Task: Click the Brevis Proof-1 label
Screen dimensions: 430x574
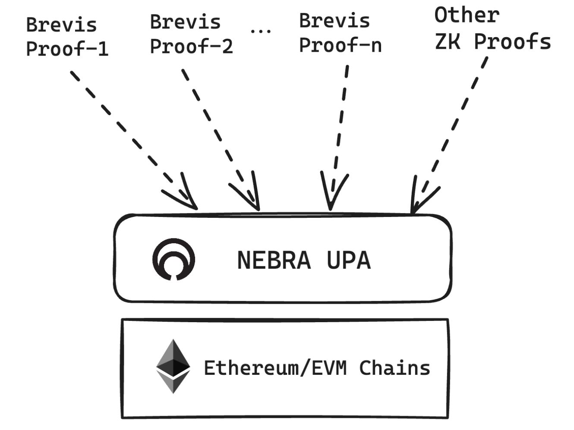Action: [66, 37]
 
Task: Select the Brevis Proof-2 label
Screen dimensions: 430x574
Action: [191, 34]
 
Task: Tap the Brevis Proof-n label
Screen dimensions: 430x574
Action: [340, 33]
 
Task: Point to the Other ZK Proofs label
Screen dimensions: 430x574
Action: [492, 28]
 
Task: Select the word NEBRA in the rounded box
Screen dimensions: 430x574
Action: [274, 261]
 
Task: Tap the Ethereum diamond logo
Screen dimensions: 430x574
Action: [173, 366]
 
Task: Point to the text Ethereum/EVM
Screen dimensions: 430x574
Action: [275, 368]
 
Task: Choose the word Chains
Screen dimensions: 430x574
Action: [394, 368]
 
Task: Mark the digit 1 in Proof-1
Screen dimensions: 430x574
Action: [102, 49]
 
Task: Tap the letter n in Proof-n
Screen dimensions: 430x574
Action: [376, 45]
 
